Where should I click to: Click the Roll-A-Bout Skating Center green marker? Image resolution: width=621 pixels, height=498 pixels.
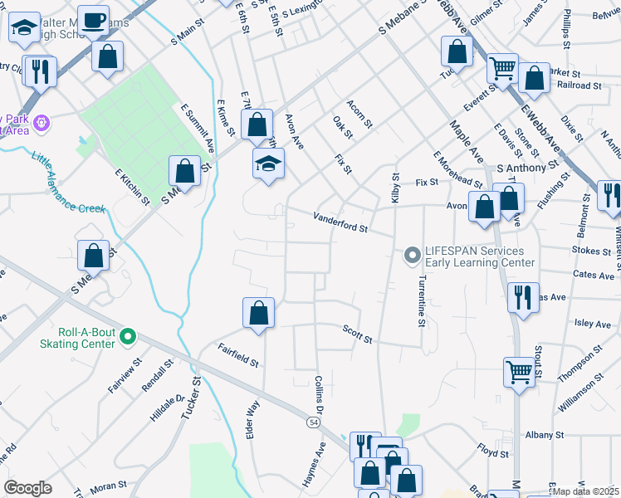[x=127, y=336]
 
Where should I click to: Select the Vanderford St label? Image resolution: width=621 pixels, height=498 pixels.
[x=340, y=222]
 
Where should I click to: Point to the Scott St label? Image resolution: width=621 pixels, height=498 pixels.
[x=357, y=334]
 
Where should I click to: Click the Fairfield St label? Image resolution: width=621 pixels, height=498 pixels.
[x=238, y=357]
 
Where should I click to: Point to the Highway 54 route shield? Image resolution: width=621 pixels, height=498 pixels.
[x=313, y=422]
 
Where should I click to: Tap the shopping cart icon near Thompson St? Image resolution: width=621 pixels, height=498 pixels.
[x=519, y=372]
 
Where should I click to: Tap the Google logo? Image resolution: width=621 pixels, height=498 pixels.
[x=27, y=488]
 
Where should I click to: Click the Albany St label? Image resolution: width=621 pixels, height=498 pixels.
[x=545, y=434]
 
